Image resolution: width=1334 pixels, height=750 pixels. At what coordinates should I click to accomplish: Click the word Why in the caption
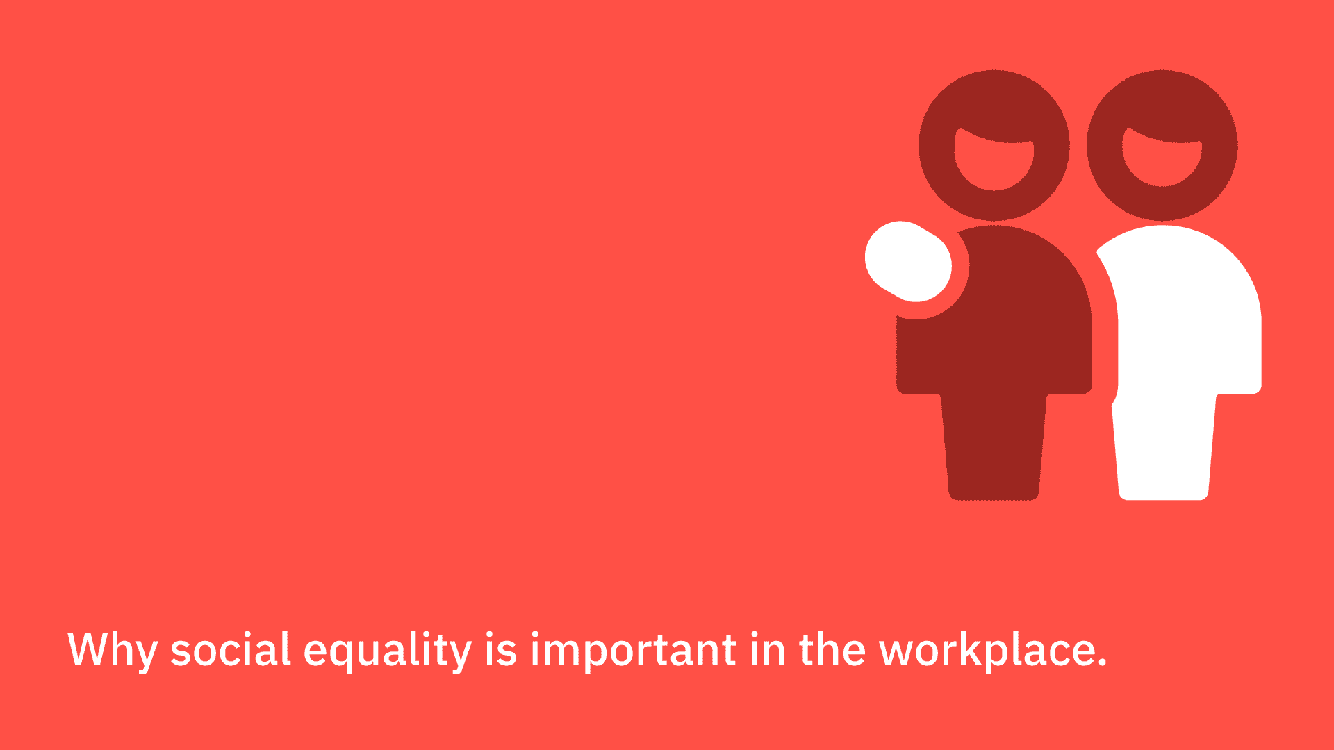click(x=112, y=650)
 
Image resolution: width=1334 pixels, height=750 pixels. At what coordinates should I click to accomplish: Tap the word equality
click(x=388, y=651)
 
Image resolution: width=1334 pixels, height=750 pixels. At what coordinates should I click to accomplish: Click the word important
click(x=634, y=651)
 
